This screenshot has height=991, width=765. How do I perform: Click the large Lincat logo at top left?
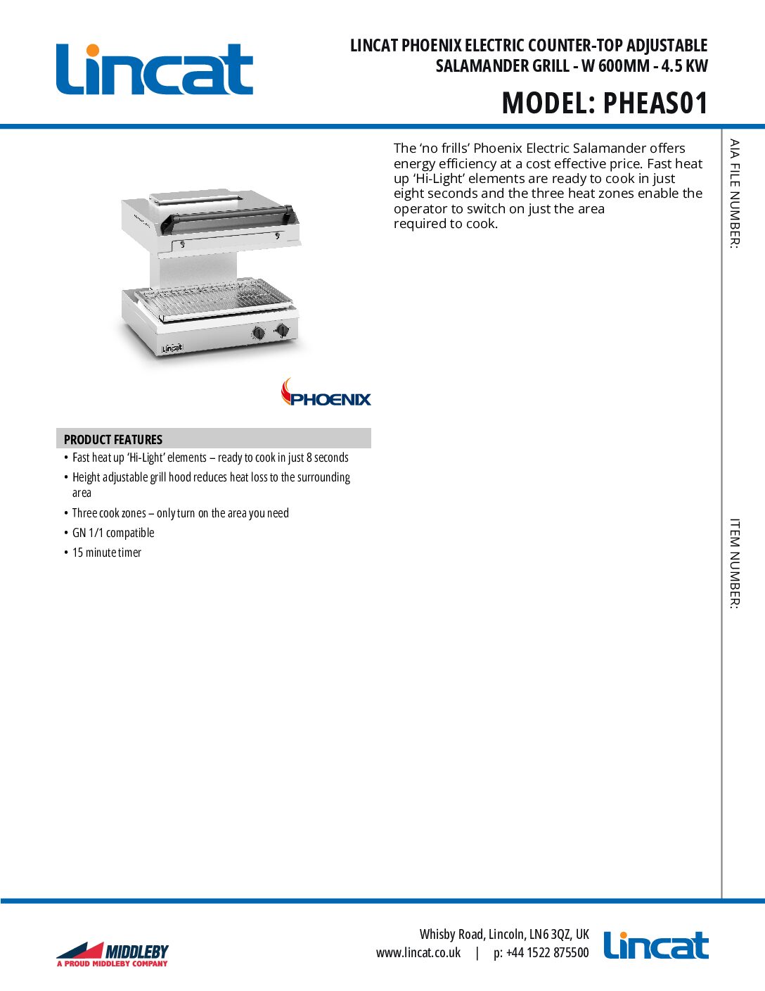pyautogui.click(x=154, y=70)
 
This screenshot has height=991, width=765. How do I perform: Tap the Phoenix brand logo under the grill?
pyautogui.click(x=326, y=393)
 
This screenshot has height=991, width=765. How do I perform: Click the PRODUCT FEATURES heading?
pyautogui.click(x=113, y=440)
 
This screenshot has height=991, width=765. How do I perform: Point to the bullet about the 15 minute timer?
pyautogui.click(x=107, y=553)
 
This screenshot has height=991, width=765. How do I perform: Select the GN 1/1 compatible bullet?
pyautogui.click(x=113, y=534)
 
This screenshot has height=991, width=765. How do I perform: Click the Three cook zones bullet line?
pyautogui.click(x=180, y=514)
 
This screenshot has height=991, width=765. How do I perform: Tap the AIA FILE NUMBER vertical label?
pyautogui.click(x=734, y=194)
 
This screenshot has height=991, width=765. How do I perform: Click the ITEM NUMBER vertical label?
pyautogui.click(x=734, y=563)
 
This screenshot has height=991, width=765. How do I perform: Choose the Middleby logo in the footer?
pyautogui.click(x=112, y=954)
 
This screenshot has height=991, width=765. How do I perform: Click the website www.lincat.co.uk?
pyautogui.click(x=418, y=953)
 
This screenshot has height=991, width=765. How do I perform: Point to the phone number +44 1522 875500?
pyautogui.click(x=548, y=953)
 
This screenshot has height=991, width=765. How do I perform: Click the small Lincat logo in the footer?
pyautogui.click(x=656, y=946)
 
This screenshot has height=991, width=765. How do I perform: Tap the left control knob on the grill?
pyautogui.click(x=259, y=333)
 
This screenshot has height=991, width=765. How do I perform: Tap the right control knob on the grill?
pyautogui.click(x=282, y=329)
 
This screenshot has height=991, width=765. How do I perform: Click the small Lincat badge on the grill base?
pyautogui.click(x=172, y=348)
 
